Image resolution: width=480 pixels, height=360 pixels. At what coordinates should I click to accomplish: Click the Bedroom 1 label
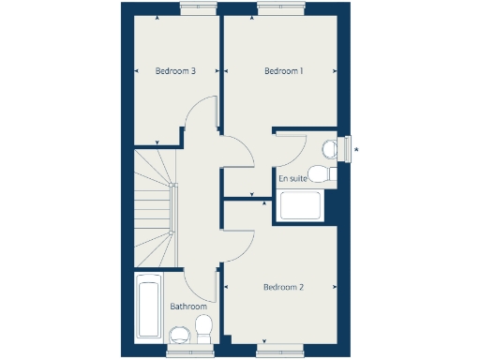(283, 71)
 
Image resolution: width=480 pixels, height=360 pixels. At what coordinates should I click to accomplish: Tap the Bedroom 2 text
(283, 287)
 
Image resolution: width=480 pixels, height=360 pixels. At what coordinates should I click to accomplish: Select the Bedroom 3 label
(175, 71)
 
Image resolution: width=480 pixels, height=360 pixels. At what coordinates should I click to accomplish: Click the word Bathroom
(187, 307)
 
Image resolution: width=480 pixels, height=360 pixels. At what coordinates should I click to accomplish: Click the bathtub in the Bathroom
(149, 307)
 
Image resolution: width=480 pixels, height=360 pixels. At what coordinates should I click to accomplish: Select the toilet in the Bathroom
(202, 328)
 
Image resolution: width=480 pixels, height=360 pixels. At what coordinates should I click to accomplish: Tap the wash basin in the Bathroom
(178, 334)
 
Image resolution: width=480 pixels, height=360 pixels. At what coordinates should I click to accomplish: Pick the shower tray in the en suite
(300, 205)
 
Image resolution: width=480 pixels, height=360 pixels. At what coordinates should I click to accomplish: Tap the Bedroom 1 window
(278, 9)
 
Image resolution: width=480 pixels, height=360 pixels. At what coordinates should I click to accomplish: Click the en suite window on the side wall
(348, 148)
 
